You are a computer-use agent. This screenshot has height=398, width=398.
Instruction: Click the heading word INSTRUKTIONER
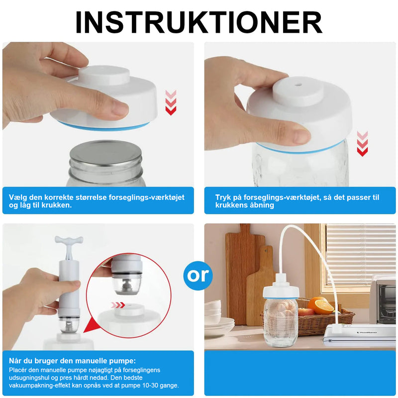coord(199,22)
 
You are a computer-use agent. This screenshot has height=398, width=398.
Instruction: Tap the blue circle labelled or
coord(198,276)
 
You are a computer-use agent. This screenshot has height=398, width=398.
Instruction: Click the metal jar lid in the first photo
coord(105,154)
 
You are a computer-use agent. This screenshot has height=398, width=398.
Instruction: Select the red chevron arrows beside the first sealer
coord(171,102)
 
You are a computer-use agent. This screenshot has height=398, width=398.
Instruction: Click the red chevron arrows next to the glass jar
coord(362,144)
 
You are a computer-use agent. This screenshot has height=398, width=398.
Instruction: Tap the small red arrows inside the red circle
coord(118,305)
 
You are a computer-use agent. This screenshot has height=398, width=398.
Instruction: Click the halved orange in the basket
coord(321,306)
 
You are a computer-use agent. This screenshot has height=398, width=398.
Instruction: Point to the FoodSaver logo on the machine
coord(367,332)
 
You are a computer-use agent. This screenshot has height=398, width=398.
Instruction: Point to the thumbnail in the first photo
coord(120,109)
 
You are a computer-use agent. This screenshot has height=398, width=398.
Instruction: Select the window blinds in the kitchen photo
coord(361,254)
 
